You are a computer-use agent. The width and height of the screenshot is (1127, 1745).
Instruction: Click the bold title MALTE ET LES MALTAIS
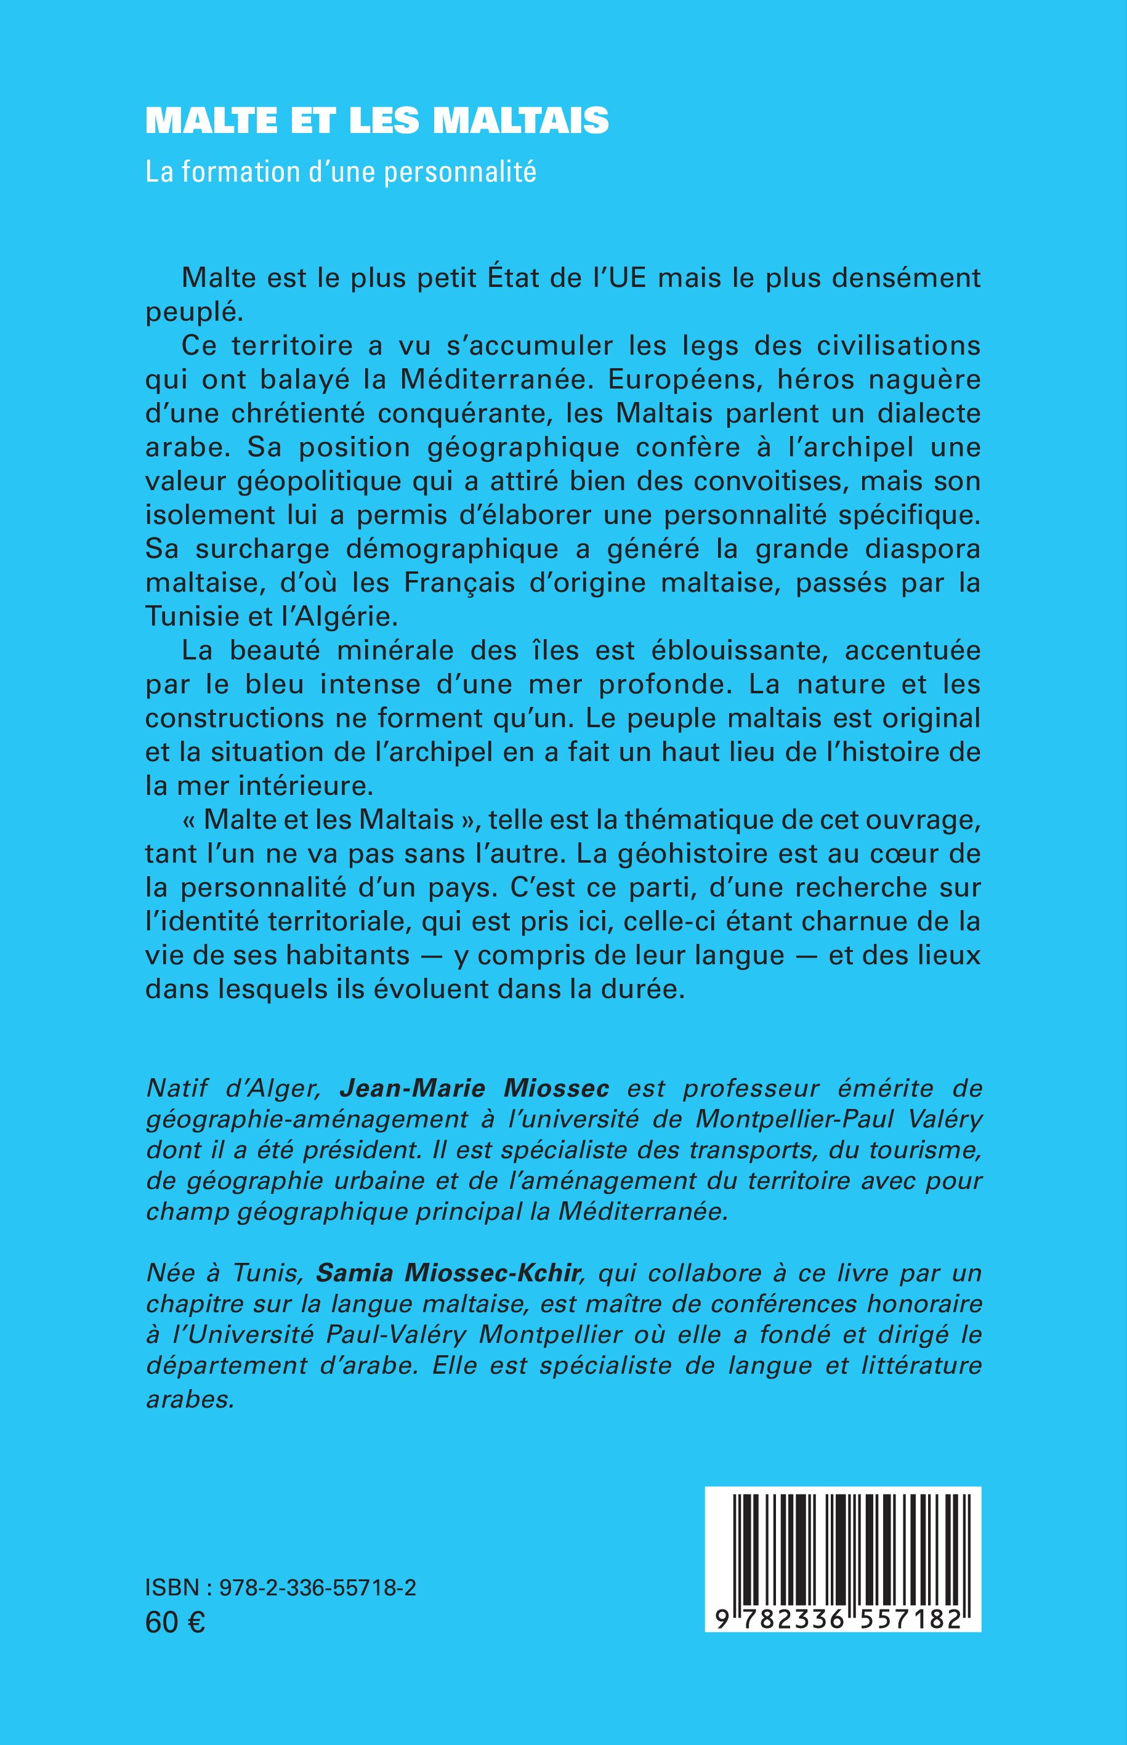(377, 121)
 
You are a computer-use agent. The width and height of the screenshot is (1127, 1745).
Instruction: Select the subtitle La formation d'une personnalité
(341, 172)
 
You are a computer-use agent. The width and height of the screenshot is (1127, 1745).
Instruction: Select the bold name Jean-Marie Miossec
(474, 1089)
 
